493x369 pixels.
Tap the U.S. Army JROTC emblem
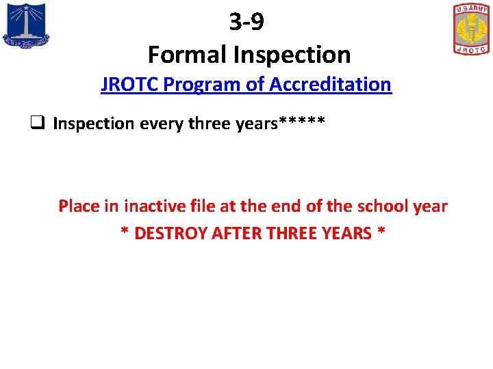[x=471, y=29]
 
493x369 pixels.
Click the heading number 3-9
[x=246, y=22]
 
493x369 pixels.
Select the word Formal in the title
[x=181, y=54]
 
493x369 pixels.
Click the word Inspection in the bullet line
[x=94, y=124]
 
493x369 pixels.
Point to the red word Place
[x=79, y=206]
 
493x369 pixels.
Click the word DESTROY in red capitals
[x=171, y=233]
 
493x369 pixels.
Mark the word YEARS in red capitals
[x=345, y=233]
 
